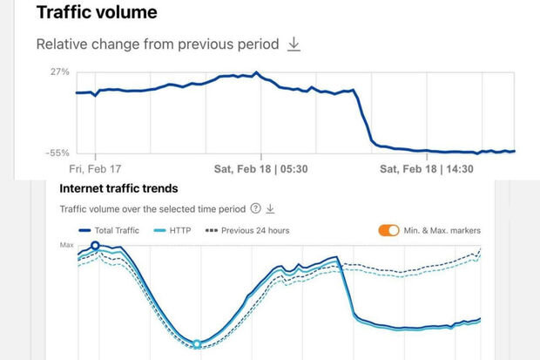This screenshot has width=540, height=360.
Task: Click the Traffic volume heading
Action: [84, 13]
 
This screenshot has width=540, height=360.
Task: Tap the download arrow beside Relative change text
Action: [294, 44]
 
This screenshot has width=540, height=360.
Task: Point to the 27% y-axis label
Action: [60, 72]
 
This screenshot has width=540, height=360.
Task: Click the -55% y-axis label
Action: [58, 153]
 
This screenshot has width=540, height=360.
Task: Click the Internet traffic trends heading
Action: [118, 188]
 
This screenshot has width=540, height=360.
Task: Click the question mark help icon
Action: [255, 209]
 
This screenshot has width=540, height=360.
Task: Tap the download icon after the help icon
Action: [270, 209]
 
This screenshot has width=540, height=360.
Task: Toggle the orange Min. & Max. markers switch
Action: [388, 230]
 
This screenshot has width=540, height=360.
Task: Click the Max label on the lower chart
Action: [66, 246]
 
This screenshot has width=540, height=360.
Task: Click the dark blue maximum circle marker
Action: [96, 246]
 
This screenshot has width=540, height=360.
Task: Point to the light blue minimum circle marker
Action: [197, 344]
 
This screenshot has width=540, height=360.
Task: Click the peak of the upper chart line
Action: [256, 73]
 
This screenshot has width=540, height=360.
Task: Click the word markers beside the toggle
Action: [464, 230]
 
